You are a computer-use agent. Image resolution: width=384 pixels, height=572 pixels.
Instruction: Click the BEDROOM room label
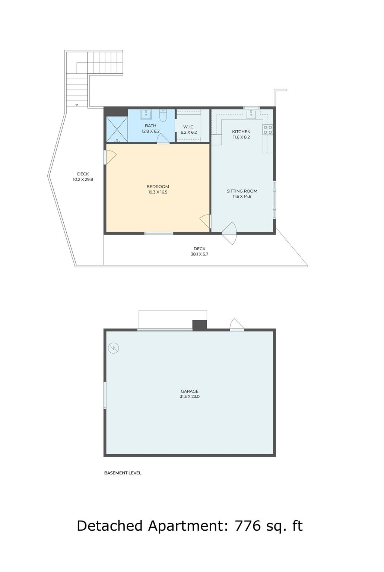(158, 187)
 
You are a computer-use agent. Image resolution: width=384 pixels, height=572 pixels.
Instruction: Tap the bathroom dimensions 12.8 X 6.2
(150, 131)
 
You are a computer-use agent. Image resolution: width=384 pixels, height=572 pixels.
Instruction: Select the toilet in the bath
(163, 115)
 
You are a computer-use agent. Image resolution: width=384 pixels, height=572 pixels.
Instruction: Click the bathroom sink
(146, 115)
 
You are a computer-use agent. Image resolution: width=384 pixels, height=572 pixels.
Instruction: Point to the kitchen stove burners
(268, 130)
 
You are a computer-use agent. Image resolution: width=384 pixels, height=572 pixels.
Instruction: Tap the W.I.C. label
(189, 127)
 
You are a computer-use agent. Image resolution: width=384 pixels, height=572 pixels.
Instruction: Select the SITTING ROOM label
(242, 191)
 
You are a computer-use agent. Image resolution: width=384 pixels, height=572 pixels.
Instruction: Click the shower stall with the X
(117, 129)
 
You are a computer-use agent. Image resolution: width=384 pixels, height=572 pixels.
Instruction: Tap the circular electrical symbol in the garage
(113, 348)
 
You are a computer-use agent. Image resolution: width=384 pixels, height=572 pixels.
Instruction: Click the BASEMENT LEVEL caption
(123, 473)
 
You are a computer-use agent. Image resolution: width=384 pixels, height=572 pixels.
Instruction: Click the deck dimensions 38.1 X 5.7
(199, 254)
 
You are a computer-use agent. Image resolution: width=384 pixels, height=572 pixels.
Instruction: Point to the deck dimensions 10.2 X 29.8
(83, 179)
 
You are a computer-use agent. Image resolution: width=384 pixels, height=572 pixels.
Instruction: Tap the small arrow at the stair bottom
(77, 105)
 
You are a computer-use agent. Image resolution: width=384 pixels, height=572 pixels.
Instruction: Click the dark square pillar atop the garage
(199, 325)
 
